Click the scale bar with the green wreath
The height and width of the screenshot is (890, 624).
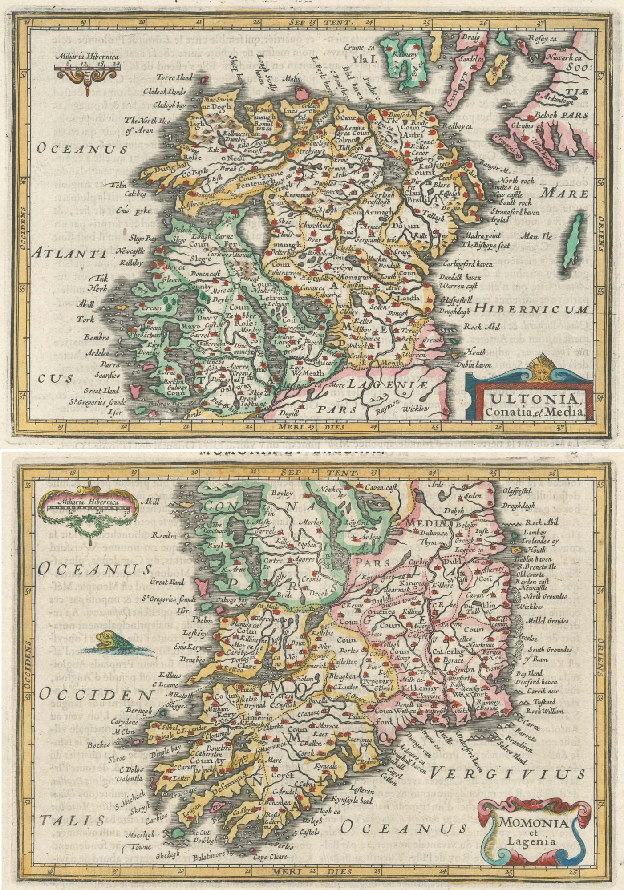point(84,509)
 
